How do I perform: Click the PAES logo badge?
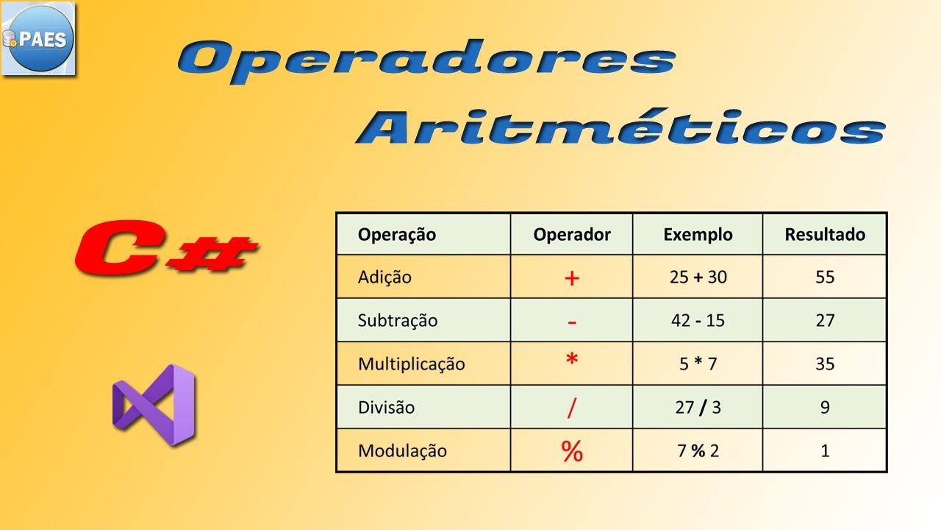pos(38,39)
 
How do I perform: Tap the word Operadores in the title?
pos(426,59)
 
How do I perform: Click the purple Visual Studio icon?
pos(154,404)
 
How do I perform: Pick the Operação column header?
pos(397,235)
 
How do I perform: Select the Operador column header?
pos(572,235)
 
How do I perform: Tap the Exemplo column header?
pos(698,235)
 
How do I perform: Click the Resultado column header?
pos(825,235)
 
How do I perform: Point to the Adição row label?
pos(384,278)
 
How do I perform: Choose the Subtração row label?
pos(398,321)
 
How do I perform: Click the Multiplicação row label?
pos(412,364)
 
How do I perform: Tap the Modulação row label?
pos(402,451)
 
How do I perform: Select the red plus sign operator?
pos(572,278)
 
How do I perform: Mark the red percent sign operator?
pos(572,451)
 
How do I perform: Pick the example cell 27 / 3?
pos(698,407)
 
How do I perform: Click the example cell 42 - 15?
pos(698,321)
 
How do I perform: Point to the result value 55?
pos(825,278)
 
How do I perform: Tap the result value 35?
pos(825,364)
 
